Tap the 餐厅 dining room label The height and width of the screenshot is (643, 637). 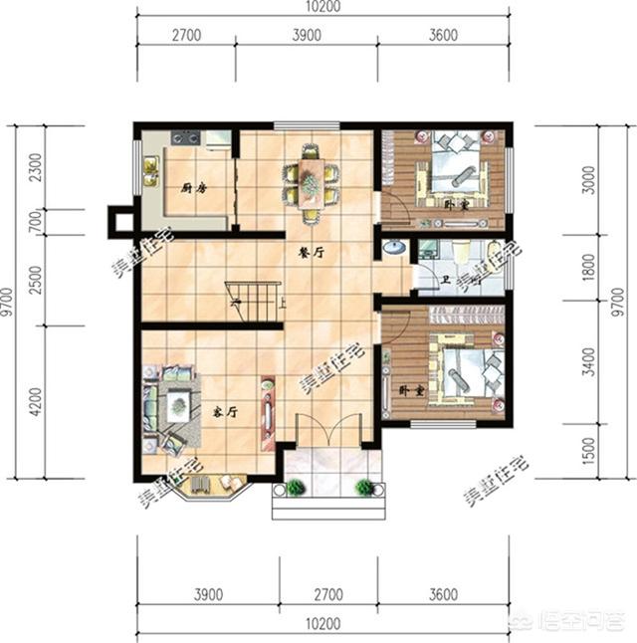coord(312,253)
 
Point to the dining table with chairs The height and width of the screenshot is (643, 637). coord(311,181)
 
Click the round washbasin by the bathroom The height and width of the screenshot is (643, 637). coord(394,247)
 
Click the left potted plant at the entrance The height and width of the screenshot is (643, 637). coord(296,488)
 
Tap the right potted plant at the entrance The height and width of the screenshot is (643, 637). coord(364,488)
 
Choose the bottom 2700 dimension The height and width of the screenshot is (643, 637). coord(327,595)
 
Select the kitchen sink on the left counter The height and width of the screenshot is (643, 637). coord(150,171)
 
